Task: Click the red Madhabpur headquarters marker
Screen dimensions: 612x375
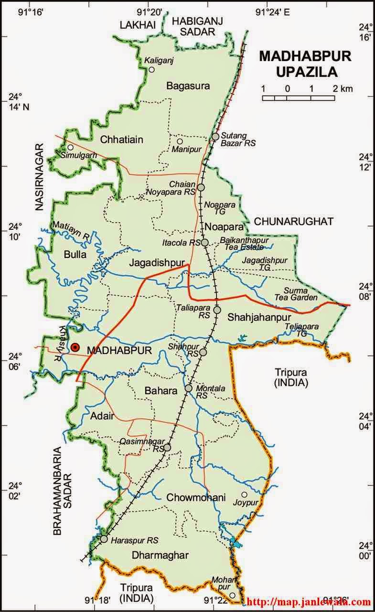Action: click(x=75, y=347)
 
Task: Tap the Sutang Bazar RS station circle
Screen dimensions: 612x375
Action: click(x=215, y=137)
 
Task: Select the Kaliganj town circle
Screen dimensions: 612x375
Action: click(x=151, y=70)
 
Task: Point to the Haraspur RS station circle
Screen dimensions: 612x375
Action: click(x=104, y=539)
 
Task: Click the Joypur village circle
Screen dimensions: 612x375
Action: click(x=244, y=495)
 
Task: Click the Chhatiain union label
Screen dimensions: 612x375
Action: click(x=121, y=140)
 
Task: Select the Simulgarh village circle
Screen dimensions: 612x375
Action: click(x=70, y=147)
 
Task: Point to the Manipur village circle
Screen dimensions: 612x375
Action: click(x=180, y=141)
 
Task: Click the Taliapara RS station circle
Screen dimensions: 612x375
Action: click(x=217, y=310)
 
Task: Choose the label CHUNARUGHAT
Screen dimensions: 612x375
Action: click(x=293, y=221)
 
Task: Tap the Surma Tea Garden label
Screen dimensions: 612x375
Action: click(x=300, y=294)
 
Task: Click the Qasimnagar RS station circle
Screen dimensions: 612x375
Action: click(x=167, y=448)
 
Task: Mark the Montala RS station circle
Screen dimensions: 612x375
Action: click(x=189, y=388)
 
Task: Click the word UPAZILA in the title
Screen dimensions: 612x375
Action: click(x=305, y=72)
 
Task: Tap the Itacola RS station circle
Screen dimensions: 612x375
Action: click(x=204, y=243)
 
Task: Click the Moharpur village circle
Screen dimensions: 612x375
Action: click(x=232, y=595)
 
